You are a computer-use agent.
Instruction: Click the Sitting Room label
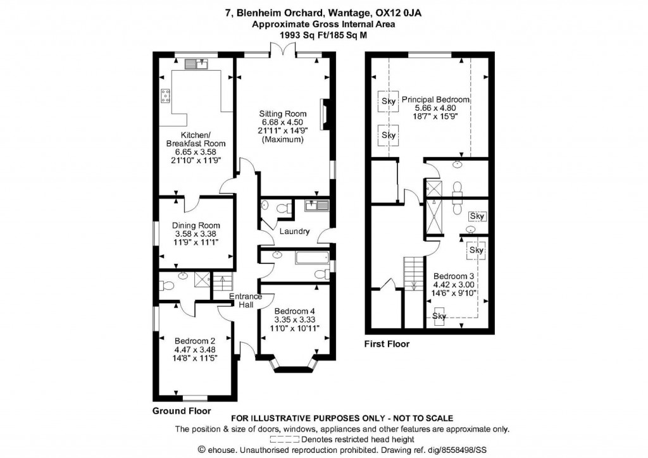[283, 114]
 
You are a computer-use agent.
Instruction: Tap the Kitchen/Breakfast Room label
[196, 139]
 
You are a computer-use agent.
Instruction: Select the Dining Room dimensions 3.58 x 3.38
[196, 234]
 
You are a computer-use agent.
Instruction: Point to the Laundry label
[294, 232]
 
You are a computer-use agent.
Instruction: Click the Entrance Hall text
[246, 300]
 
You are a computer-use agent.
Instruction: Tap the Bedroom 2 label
[195, 341]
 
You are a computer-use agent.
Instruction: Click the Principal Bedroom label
[435, 99]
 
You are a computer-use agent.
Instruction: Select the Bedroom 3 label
[453, 276]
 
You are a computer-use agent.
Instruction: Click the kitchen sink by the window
[196, 64]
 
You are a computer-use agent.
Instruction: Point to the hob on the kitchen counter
[165, 96]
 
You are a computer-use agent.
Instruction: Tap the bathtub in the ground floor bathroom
[312, 258]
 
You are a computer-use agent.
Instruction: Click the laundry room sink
[316, 205]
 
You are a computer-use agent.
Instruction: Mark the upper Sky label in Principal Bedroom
[389, 101]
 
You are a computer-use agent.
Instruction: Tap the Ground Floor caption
[182, 411]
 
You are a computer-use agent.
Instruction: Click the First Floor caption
[387, 343]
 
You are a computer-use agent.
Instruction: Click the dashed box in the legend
[285, 440]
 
